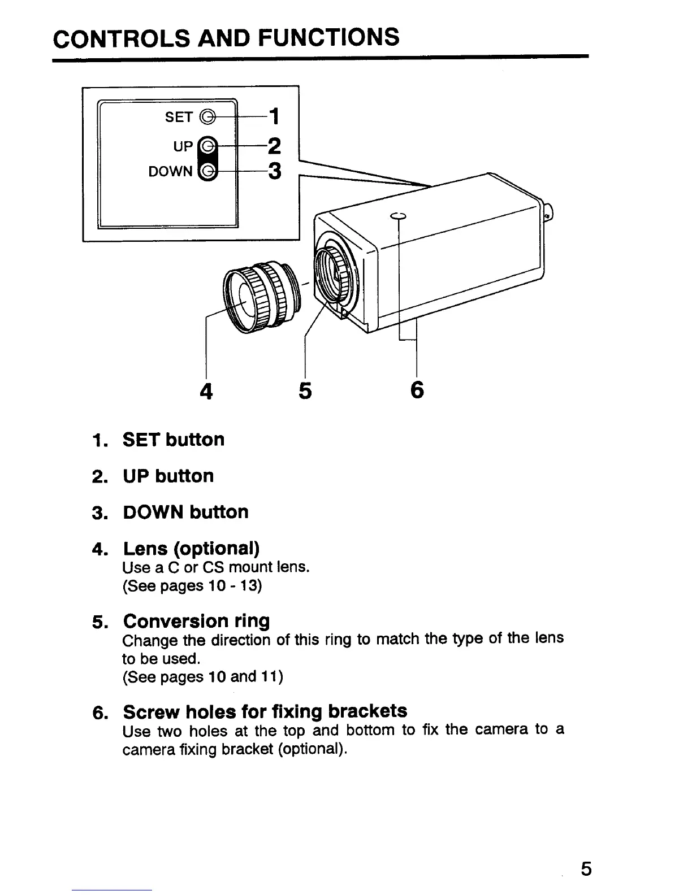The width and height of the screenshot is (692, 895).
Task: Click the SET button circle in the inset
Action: point(208,117)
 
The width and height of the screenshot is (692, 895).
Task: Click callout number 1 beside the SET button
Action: point(274,117)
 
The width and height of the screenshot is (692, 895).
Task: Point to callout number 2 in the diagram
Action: point(274,146)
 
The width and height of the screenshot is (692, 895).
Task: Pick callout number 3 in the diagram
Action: point(274,171)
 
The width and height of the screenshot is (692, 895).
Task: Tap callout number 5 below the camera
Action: point(305,391)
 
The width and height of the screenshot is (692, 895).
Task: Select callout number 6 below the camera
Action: point(417,390)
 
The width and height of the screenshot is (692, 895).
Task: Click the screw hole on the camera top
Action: point(399,216)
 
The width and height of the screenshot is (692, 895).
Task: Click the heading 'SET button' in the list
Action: point(174,440)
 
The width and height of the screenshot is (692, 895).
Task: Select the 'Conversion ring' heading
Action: point(196,621)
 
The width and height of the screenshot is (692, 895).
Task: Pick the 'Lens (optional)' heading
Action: point(191,548)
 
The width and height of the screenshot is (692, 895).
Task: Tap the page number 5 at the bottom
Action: point(586,867)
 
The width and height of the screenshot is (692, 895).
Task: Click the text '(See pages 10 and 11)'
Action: point(202,676)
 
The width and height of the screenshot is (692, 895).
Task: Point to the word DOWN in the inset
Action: point(170,171)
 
